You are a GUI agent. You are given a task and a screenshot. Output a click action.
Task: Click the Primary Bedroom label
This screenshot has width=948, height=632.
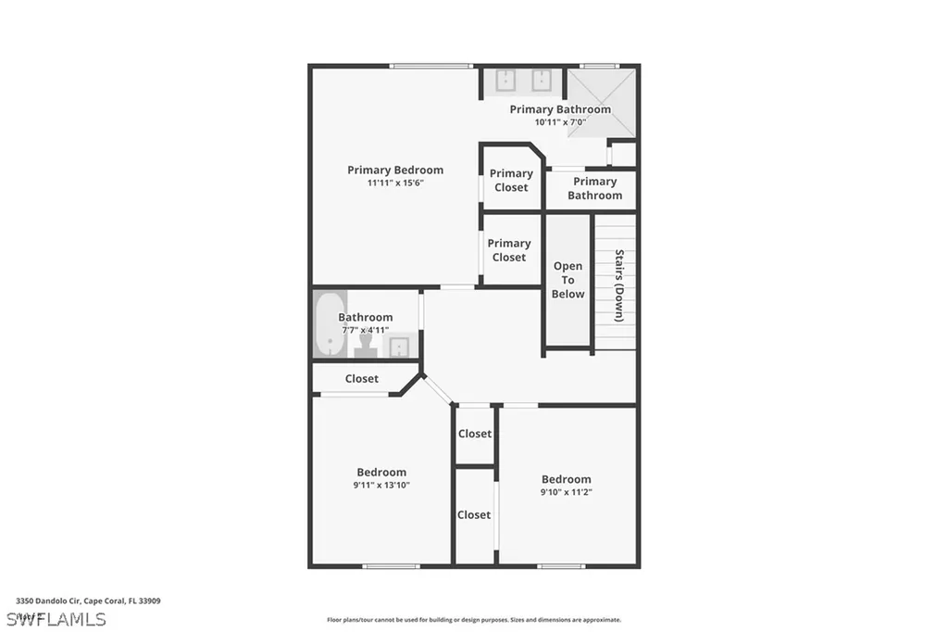pyautogui.click(x=395, y=170)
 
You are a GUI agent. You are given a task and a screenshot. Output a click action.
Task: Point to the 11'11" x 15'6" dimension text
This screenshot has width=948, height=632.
pyautogui.click(x=395, y=183)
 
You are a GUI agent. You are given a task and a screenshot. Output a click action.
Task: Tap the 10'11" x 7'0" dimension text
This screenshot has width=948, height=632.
pyautogui.click(x=559, y=122)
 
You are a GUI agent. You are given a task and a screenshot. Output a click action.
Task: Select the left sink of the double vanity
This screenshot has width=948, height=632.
pyautogui.click(x=505, y=82)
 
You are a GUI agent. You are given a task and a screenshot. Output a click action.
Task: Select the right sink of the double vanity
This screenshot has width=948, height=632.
pyautogui.click(x=542, y=82)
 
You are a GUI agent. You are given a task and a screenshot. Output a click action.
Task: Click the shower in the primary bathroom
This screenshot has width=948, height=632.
pyautogui.click(x=601, y=102)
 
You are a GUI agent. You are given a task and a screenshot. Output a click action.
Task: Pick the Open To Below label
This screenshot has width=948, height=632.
pyautogui.click(x=568, y=280)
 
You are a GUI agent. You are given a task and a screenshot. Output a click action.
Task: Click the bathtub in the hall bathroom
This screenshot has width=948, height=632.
pyautogui.click(x=329, y=323)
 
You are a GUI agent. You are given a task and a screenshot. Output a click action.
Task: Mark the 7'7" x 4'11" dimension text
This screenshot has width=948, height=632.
pyautogui.click(x=365, y=330)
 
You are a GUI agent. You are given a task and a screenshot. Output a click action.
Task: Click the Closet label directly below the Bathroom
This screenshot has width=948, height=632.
pyautogui.click(x=361, y=378)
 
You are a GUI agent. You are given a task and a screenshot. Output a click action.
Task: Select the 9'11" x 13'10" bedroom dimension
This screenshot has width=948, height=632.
pyautogui.click(x=381, y=485)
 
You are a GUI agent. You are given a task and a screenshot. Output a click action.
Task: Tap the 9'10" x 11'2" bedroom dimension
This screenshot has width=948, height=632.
pyautogui.click(x=566, y=492)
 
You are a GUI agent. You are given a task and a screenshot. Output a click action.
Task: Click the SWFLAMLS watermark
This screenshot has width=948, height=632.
pyautogui.click(x=56, y=618)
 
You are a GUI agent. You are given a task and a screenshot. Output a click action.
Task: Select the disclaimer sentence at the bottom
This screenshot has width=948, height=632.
pyautogui.click(x=474, y=620)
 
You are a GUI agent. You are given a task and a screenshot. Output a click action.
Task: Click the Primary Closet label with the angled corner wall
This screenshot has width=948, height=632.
pyautogui.click(x=511, y=180)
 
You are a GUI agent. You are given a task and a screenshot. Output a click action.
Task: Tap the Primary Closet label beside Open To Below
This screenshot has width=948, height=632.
pyautogui.click(x=508, y=250)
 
